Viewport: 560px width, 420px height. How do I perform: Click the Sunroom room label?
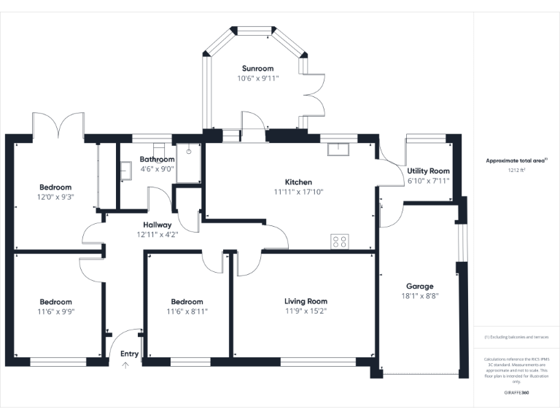pyautogui.click(x=257, y=69)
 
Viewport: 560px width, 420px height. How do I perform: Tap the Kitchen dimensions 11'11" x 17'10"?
pyautogui.click(x=297, y=192)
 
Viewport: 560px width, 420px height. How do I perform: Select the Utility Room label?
pyautogui.click(x=429, y=171)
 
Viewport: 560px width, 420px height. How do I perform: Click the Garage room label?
pyautogui.click(x=419, y=287)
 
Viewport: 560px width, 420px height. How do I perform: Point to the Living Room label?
pyautogui.click(x=306, y=301)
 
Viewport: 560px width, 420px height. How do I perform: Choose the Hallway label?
pyautogui.click(x=157, y=225)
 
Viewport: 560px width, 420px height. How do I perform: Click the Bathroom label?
pyautogui.click(x=157, y=159)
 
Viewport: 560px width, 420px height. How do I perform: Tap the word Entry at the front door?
pyautogui.click(x=129, y=354)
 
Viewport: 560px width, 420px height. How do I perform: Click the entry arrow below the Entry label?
pyautogui.click(x=125, y=366)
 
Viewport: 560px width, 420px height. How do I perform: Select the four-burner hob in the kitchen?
pyautogui.click(x=339, y=241)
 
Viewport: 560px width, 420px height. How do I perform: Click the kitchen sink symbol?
pyautogui.click(x=339, y=149)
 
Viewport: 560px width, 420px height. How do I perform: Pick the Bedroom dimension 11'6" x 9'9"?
pyautogui.click(x=55, y=311)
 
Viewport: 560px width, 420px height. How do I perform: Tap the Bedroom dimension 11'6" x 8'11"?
pyautogui.click(x=187, y=311)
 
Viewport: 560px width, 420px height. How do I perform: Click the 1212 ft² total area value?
pyautogui.click(x=516, y=169)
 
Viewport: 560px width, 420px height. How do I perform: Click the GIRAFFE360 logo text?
pyautogui.click(x=516, y=393)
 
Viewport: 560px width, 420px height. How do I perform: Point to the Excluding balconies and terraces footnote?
pyautogui.click(x=516, y=337)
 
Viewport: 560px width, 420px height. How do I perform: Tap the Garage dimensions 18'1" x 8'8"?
pyautogui.click(x=419, y=296)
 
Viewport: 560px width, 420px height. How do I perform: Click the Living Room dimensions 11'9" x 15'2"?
pyautogui.click(x=306, y=311)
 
